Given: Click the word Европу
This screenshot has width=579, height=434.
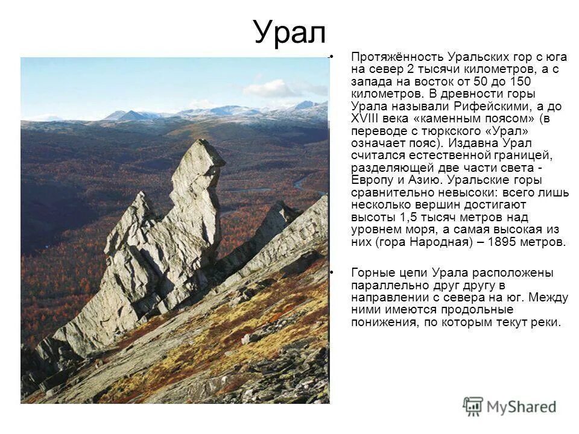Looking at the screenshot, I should coord(373,180).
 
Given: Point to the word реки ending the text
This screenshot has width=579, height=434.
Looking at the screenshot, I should coord(546,322).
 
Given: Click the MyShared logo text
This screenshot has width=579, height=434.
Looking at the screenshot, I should coord(522,407).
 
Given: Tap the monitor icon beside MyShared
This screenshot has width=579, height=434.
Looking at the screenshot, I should coord(473,406).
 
